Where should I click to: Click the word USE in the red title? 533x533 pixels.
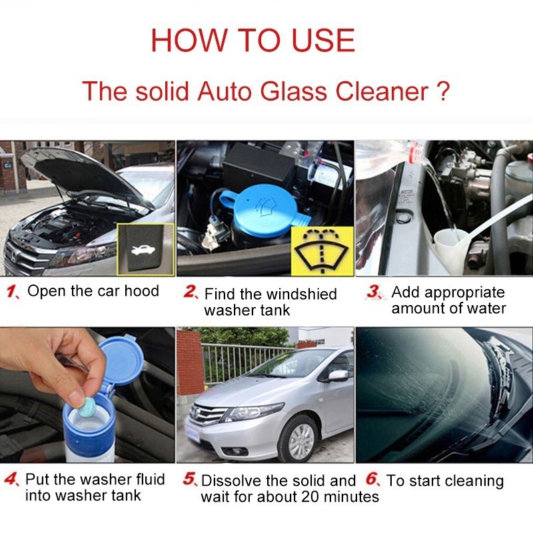click(x=323, y=40)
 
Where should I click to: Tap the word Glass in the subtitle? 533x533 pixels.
click(x=294, y=91)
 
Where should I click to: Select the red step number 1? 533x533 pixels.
click(x=12, y=292)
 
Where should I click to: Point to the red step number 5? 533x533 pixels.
click(x=190, y=478)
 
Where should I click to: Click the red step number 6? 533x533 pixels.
click(x=372, y=478)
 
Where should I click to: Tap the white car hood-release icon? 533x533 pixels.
click(x=143, y=251)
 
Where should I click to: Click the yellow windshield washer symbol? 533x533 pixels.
click(x=322, y=251)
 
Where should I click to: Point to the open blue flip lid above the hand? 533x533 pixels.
click(x=121, y=361)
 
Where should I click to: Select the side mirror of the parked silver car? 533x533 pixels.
click(x=338, y=375)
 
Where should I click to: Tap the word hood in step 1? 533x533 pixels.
click(x=141, y=291)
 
